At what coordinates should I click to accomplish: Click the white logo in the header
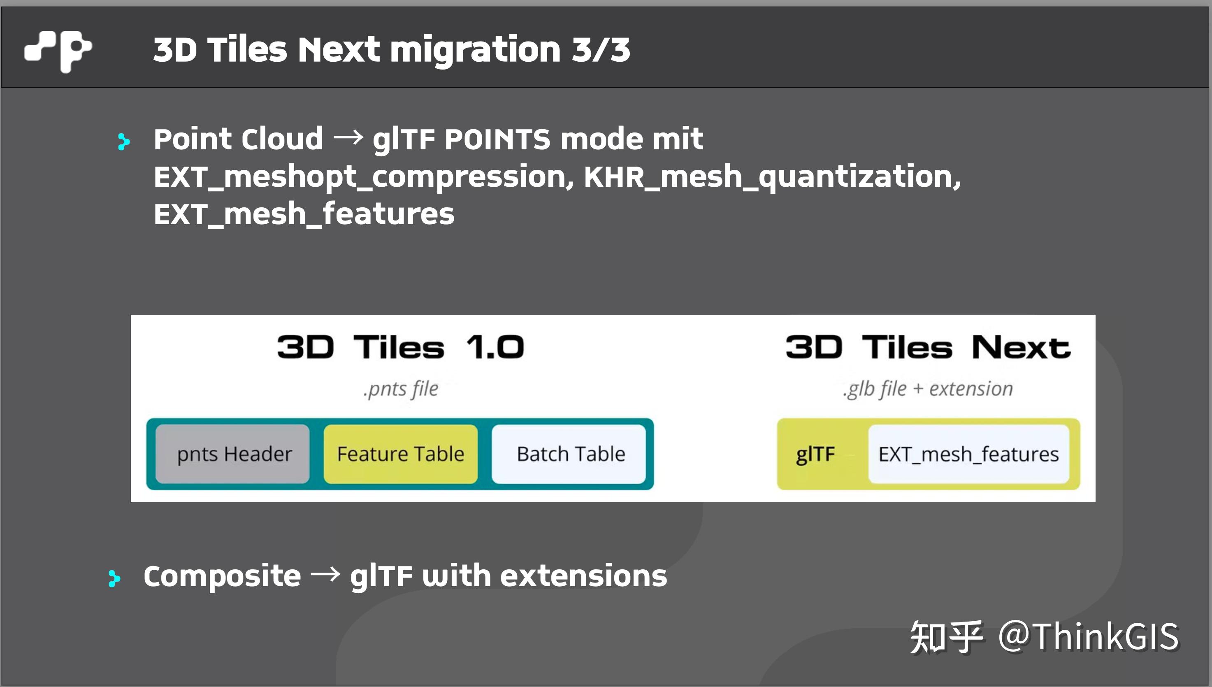pos(58,51)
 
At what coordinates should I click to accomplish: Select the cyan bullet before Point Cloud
pos(123,142)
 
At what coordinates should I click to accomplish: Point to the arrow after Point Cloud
pos(348,138)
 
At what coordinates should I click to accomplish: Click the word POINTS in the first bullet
pos(497,140)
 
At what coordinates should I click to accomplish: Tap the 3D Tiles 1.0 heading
pos(400,347)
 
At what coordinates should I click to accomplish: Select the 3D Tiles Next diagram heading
pos(928,347)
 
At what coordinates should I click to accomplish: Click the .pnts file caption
pos(401,389)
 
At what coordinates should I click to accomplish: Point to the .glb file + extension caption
pos(928,389)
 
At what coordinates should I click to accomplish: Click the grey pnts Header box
pos(233,454)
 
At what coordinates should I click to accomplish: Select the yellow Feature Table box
pos(401,454)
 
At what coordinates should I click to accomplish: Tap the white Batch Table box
pos(569,454)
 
